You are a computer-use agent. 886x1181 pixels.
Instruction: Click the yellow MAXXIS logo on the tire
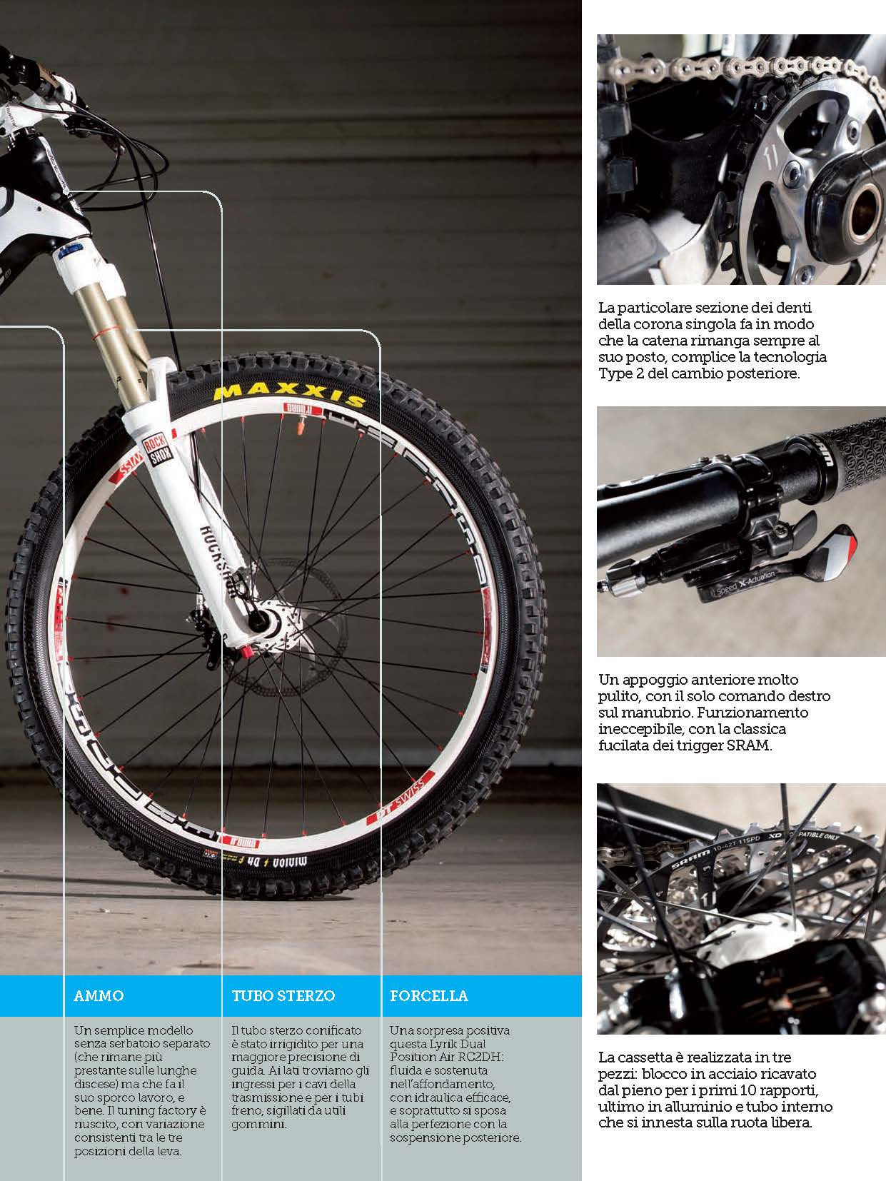[289, 394]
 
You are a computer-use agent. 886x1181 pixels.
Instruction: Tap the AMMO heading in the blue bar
[99, 995]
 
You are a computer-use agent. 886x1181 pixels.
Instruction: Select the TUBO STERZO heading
[283, 995]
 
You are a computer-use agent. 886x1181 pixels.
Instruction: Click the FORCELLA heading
[429, 995]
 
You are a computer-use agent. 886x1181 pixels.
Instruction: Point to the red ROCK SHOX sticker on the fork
[158, 450]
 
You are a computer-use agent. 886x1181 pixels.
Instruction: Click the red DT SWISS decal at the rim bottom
[401, 798]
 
